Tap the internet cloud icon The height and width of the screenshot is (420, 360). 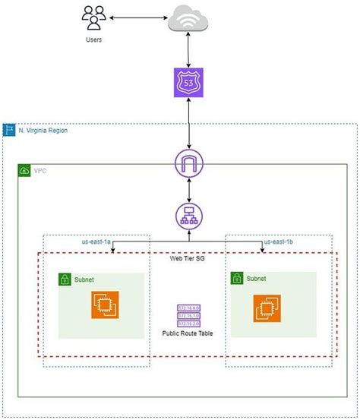coord(188,18)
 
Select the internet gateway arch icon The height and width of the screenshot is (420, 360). coord(188,163)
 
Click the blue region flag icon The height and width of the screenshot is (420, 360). coord(9,131)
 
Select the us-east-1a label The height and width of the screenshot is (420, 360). coord(96,242)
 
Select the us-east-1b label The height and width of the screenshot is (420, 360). coord(279,242)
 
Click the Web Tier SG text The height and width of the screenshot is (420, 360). coord(188,259)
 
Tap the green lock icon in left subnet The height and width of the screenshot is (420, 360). coord(65,279)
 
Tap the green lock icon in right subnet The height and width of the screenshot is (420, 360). coord(238,278)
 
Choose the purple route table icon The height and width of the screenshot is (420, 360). coord(187,315)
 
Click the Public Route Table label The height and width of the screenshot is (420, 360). coord(188,333)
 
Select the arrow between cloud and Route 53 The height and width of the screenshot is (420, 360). coord(188,50)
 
